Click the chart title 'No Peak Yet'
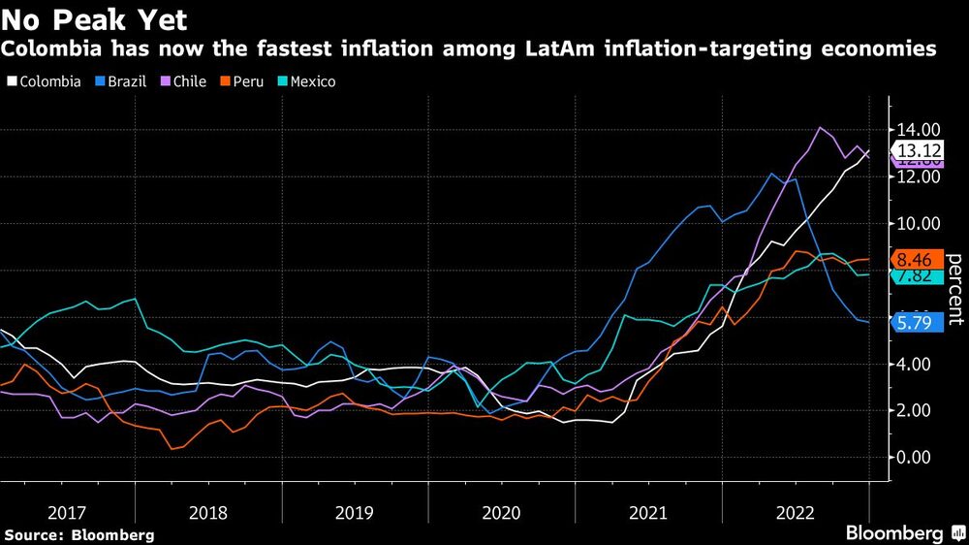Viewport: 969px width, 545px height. click(95, 18)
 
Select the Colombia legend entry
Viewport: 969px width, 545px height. click(45, 81)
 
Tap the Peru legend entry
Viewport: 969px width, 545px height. click(241, 81)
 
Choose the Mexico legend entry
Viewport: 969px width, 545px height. click(304, 81)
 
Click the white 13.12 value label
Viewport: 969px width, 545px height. click(918, 150)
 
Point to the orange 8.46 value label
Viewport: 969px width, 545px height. click(918, 259)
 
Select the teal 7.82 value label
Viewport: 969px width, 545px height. click(918, 275)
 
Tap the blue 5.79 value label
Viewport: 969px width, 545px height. click(918, 322)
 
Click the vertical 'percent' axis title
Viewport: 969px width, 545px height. click(954, 288)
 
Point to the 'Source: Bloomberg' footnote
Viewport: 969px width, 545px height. click(79, 534)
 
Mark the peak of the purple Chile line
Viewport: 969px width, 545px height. click(821, 128)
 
